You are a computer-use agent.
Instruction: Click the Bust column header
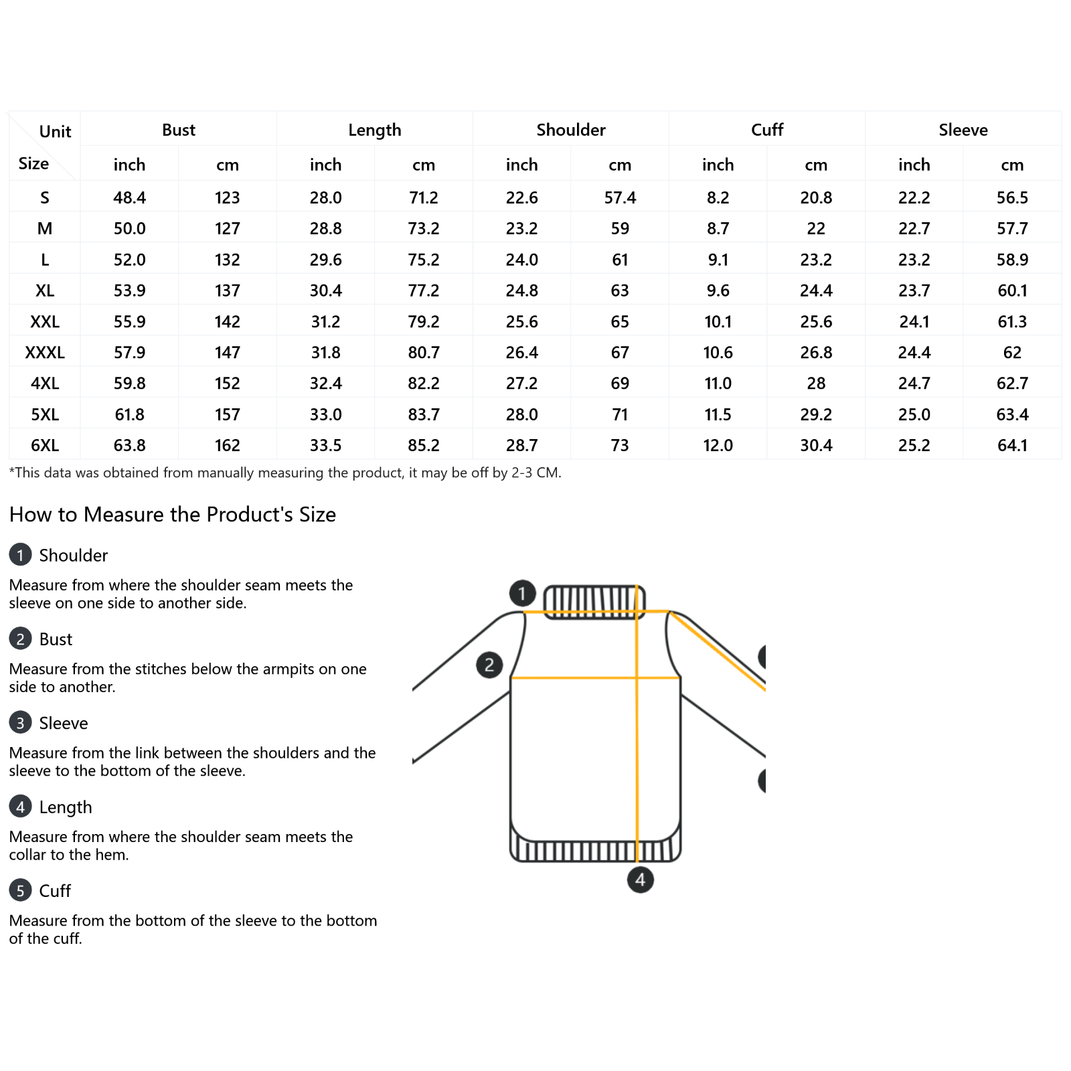click(178, 130)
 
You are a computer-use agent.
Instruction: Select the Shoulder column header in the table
click(570, 130)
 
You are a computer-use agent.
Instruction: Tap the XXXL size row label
click(45, 353)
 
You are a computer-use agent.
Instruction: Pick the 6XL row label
click(45, 445)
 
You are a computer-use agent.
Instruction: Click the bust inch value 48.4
click(129, 197)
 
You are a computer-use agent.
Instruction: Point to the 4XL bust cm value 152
click(227, 384)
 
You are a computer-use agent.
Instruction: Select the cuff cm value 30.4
click(816, 445)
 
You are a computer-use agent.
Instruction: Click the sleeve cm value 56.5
click(1012, 197)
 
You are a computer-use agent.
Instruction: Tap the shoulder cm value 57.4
click(620, 197)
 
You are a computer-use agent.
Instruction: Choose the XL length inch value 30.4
click(325, 291)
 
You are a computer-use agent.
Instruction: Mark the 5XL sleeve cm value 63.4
click(1012, 414)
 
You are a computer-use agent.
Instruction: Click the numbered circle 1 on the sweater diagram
click(522, 593)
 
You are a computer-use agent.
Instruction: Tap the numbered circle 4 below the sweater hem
click(640, 880)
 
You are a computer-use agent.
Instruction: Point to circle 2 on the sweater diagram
click(489, 665)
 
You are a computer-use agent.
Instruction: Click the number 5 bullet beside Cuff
click(20, 890)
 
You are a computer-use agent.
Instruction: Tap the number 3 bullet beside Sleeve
click(20, 723)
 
